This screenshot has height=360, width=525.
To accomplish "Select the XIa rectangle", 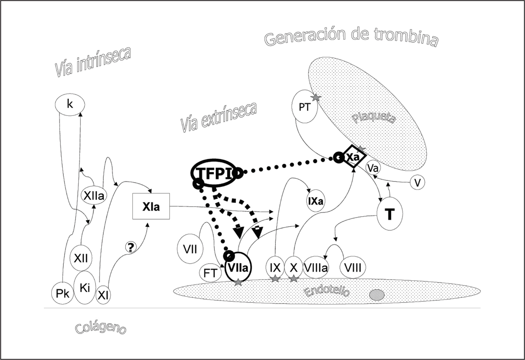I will (151, 206).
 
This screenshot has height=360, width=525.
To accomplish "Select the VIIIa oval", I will (315, 267).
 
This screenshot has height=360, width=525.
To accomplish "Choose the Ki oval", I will (85, 287).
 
